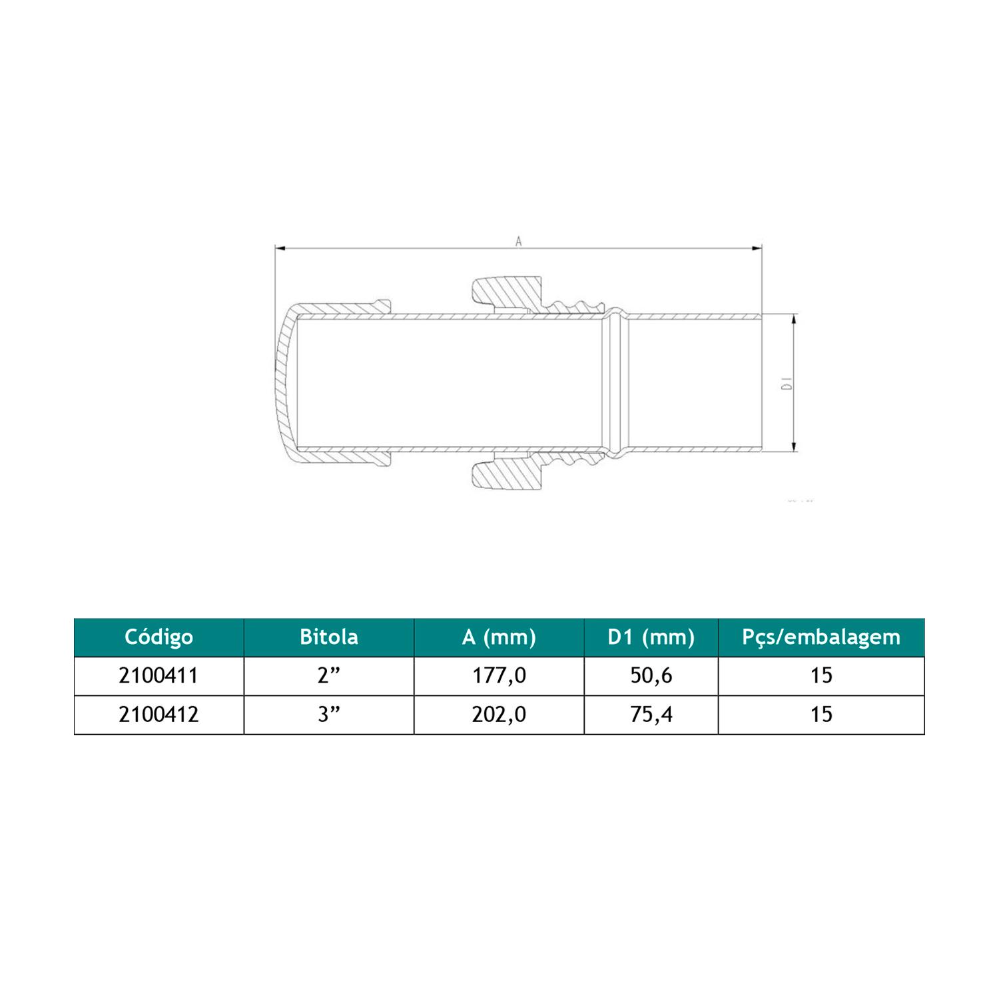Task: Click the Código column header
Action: click(159, 637)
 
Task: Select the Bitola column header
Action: click(329, 637)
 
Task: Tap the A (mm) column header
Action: click(499, 638)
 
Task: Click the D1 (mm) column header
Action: click(651, 638)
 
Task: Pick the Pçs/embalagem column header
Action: click(821, 638)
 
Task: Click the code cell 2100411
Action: click(159, 676)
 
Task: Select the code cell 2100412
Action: click(159, 715)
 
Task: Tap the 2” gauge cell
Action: click(329, 676)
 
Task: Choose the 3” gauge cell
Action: click(329, 715)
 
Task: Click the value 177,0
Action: click(499, 676)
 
